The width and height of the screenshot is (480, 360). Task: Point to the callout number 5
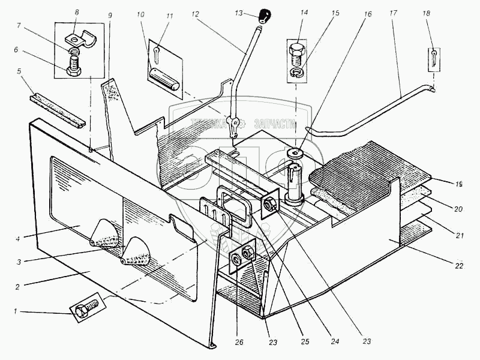tap(19, 71)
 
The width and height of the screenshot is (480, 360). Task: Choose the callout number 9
tap(110, 14)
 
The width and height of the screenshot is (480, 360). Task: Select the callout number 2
tap(18, 286)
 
